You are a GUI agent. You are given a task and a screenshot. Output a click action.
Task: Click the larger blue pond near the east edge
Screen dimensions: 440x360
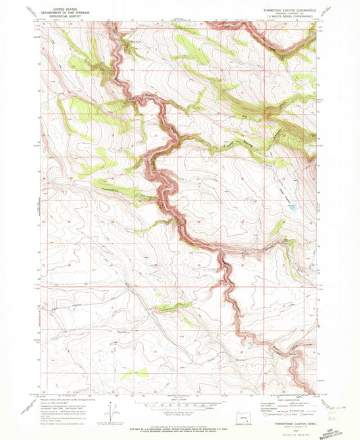pos(291,208)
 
